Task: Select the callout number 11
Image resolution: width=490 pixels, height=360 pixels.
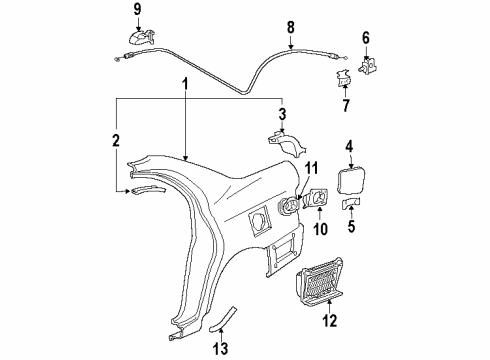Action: [310, 167]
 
